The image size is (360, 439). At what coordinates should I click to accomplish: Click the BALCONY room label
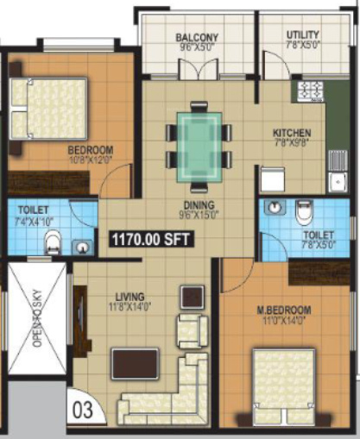(197, 38)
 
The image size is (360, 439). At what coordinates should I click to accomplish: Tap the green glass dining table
(199, 147)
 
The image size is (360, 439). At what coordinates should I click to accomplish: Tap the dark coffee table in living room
(136, 363)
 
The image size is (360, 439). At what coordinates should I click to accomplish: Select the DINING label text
(199, 205)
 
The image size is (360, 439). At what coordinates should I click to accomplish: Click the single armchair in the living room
(192, 329)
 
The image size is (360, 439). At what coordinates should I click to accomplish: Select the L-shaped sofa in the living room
(173, 392)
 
